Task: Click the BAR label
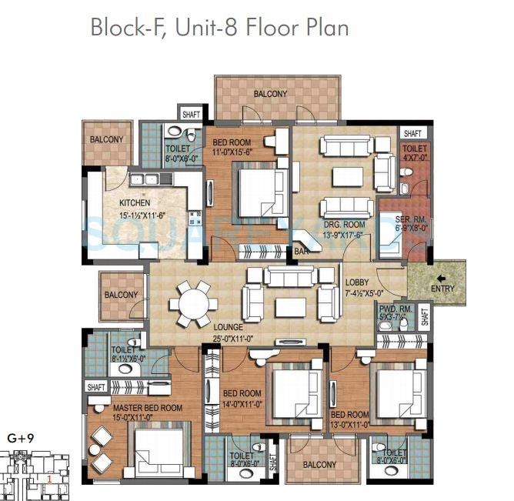click(301, 251)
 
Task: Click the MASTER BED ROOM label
click(148, 407)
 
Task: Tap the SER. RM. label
click(398, 198)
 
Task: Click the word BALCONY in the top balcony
click(270, 94)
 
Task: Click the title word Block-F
click(123, 28)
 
